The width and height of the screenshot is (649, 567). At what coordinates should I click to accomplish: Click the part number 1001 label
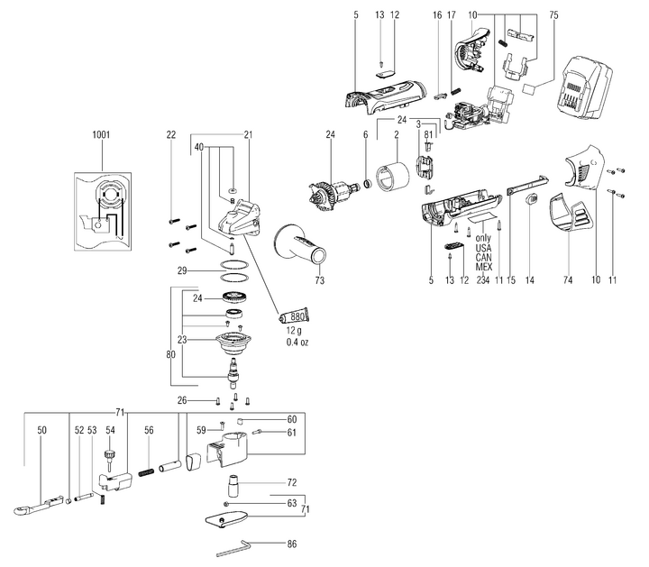tap(101, 134)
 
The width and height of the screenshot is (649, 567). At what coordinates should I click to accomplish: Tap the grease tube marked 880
tap(294, 316)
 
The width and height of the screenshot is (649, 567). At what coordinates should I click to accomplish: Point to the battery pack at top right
tap(585, 89)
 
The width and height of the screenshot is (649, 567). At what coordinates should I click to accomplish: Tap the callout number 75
tap(553, 15)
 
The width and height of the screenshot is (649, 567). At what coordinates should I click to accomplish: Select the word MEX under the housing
tap(483, 267)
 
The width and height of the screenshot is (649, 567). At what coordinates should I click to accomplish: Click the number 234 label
tap(482, 280)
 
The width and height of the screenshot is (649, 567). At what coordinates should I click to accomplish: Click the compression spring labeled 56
tap(147, 472)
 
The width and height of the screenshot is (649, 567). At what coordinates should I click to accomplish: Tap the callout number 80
tap(170, 354)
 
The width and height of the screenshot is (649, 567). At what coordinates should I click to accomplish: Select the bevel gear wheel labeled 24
tap(234, 297)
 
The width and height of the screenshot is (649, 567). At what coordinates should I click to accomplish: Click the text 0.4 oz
tap(297, 343)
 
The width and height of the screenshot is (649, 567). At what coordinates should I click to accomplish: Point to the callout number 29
tap(182, 271)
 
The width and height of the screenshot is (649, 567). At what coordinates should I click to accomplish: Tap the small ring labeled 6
tap(367, 184)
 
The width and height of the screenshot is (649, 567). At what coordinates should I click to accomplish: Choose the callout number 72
tap(292, 482)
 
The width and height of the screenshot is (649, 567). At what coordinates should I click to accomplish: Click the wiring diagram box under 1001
tap(103, 212)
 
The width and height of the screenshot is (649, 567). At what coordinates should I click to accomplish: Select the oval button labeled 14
tap(531, 199)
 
